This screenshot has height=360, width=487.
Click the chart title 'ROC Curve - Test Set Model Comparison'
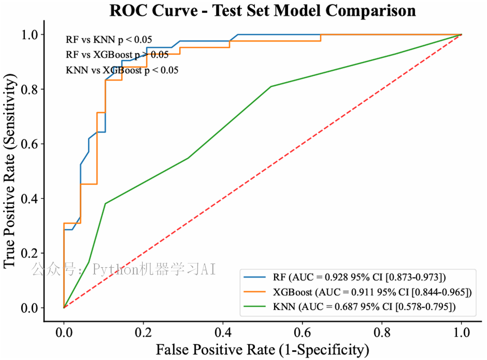(263, 10)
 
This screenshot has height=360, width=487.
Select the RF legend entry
(359, 276)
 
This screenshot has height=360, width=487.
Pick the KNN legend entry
(364, 308)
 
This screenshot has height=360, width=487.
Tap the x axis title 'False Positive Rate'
(262, 348)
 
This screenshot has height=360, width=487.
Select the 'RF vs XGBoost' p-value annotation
(117, 54)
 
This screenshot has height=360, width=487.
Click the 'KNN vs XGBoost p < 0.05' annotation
(123, 70)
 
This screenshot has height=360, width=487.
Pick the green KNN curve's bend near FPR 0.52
(271, 86)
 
